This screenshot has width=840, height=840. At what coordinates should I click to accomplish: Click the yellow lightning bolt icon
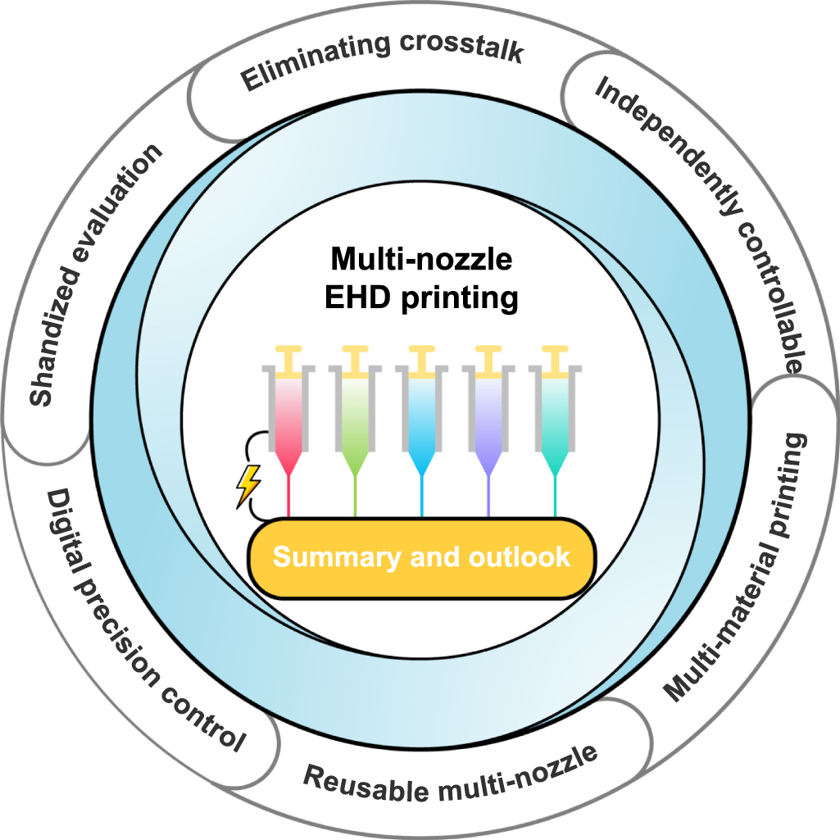click(248, 485)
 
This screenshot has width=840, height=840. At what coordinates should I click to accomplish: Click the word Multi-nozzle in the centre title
click(422, 261)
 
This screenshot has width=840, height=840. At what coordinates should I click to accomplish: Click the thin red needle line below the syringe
click(288, 496)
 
